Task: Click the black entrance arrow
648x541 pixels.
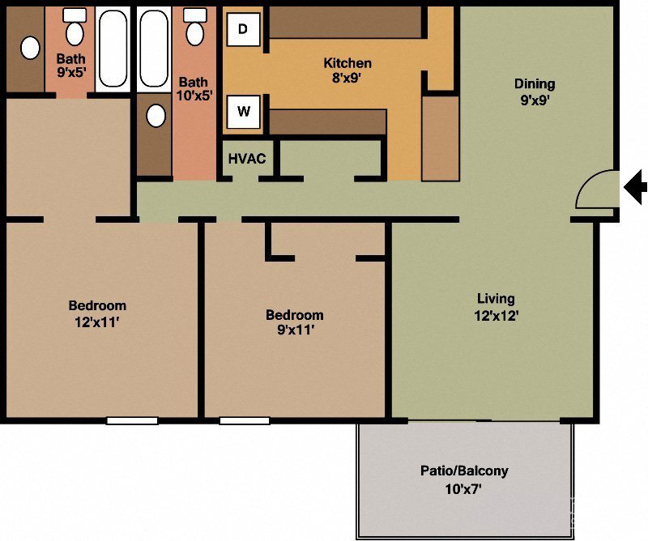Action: click(636, 188)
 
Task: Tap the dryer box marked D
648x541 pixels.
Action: click(243, 29)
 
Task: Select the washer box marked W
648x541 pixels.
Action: click(243, 112)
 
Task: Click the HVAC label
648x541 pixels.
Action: click(247, 159)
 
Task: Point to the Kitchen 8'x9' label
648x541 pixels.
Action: click(347, 70)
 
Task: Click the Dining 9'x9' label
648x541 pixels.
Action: click(535, 92)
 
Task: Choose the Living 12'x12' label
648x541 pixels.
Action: click(496, 307)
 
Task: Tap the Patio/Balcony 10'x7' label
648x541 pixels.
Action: click(464, 479)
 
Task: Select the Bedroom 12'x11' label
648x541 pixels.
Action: click(97, 313)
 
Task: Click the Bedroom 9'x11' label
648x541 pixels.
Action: click(295, 322)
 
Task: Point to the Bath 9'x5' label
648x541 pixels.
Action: click(70, 65)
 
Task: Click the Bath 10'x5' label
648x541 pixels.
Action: click(194, 90)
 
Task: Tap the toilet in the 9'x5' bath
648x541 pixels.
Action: click(75, 28)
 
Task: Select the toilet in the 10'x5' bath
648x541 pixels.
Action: click(194, 28)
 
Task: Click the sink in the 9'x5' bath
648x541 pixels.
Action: click(30, 49)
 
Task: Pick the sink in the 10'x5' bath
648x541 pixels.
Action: click(156, 116)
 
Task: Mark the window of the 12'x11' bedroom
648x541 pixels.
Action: click(132, 420)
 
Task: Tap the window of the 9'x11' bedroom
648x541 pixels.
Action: click(244, 420)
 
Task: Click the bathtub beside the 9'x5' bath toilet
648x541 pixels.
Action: click(113, 49)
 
